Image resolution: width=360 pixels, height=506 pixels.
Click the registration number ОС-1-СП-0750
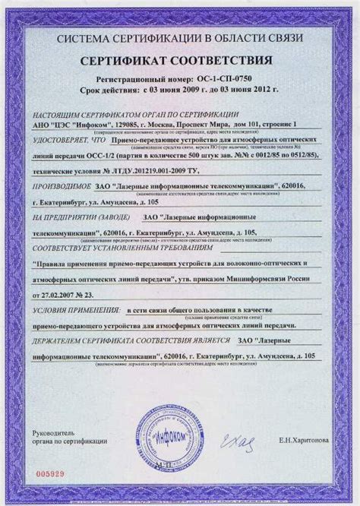pos(230,78)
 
